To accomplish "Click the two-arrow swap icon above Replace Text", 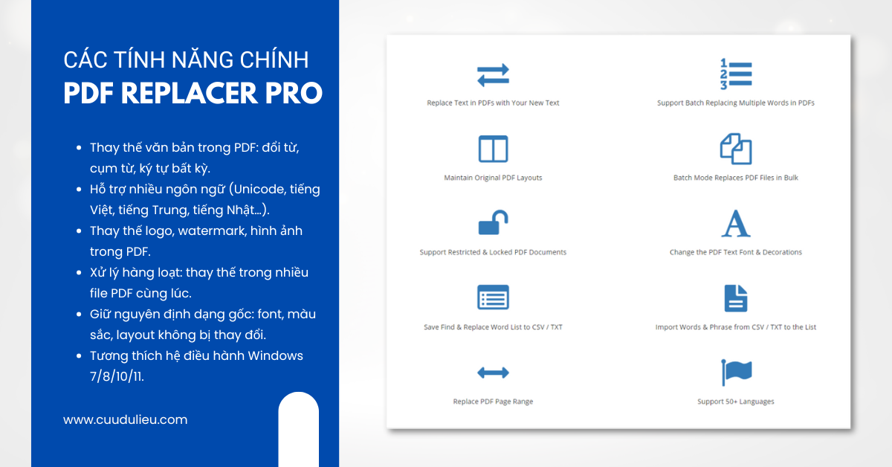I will click(x=493, y=75).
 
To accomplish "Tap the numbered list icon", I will click(x=736, y=74).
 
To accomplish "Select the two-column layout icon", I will click(x=493, y=149).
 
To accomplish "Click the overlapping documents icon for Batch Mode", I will click(x=736, y=149).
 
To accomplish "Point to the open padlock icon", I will click(x=493, y=222).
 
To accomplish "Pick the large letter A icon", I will click(x=736, y=223).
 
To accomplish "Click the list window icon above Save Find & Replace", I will click(x=493, y=297).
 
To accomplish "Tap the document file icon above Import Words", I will click(x=736, y=297).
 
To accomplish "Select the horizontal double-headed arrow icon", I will click(x=493, y=373).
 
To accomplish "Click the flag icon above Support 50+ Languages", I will click(x=736, y=372).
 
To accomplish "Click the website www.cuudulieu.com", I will click(x=125, y=419).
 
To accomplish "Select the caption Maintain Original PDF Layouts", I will click(x=493, y=178).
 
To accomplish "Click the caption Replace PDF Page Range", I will click(x=493, y=402).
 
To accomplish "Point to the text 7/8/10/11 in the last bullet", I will click(x=117, y=376).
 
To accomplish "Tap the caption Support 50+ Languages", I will click(x=736, y=402).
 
